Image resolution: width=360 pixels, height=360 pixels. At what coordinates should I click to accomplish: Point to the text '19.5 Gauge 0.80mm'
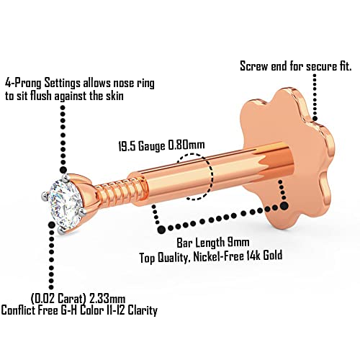click(x=162, y=146)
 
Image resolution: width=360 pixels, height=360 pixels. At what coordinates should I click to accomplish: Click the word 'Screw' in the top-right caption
click(x=254, y=66)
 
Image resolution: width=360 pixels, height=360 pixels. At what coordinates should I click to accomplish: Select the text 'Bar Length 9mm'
click(x=213, y=243)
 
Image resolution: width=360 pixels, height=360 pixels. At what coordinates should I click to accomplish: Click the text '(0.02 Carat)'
click(x=58, y=299)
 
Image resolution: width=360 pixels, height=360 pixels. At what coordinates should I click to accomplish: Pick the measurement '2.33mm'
click(x=107, y=299)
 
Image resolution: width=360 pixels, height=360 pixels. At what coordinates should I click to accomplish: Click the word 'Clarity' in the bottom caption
click(x=143, y=310)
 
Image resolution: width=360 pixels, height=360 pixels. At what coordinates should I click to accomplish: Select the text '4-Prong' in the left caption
click(x=24, y=83)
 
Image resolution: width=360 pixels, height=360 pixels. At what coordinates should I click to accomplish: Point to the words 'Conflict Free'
click(x=30, y=310)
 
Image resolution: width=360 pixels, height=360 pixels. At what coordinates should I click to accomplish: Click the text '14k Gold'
click(x=261, y=256)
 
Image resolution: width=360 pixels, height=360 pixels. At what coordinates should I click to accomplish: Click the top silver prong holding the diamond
click(x=64, y=178)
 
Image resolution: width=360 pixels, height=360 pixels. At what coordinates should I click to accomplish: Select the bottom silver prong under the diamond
click(x=60, y=231)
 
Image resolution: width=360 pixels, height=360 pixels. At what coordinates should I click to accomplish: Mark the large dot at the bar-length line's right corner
click(x=284, y=206)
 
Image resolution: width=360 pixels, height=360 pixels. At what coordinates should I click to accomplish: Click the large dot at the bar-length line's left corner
click(x=161, y=230)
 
